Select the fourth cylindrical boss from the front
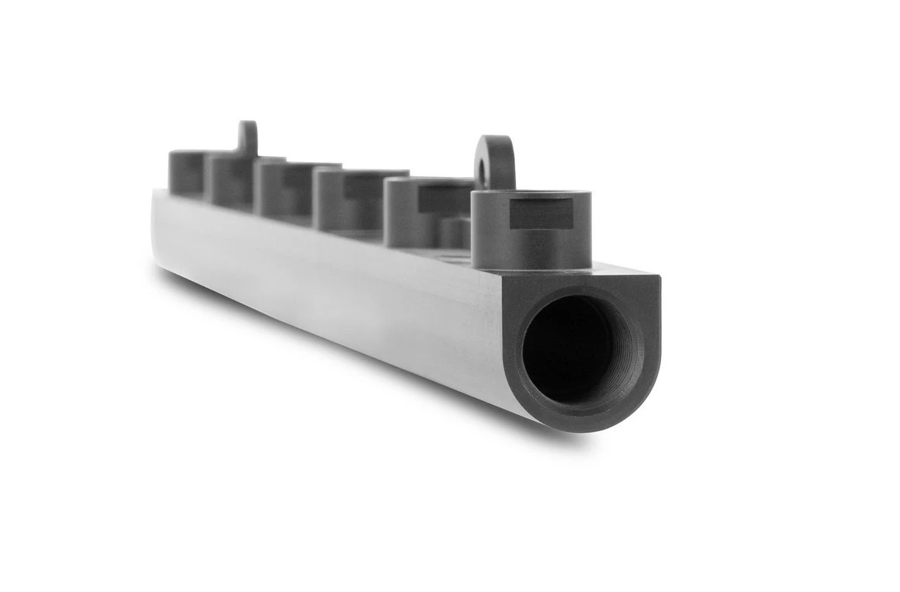281,190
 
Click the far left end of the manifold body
157,229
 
